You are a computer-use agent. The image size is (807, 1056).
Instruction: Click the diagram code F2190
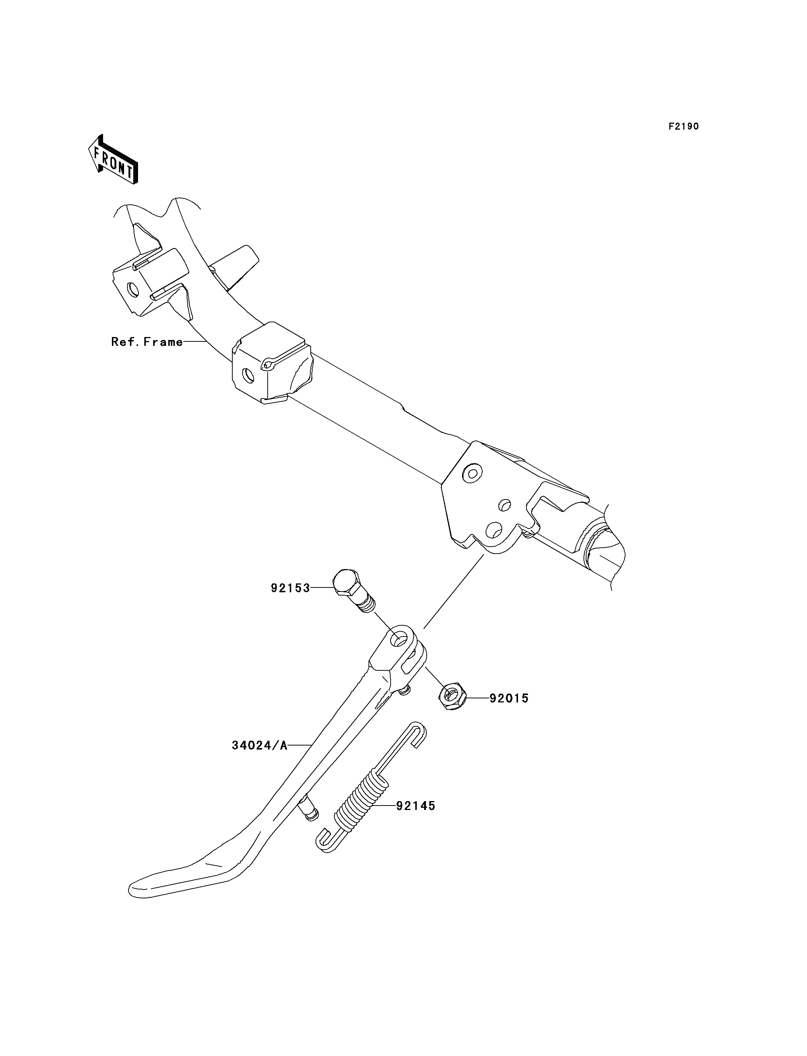(x=684, y=126)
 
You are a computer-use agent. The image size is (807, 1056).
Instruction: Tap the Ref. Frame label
(x=147, y=342)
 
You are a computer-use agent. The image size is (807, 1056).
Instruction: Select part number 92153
(x=290, y=588)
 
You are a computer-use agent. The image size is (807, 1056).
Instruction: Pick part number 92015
(x=509, y=698)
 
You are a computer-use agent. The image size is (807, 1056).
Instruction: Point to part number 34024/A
(x=260, y=745)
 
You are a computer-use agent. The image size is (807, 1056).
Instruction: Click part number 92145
(x=416, y=806)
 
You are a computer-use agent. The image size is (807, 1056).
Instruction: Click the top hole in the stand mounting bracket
(x=472, y=473)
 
